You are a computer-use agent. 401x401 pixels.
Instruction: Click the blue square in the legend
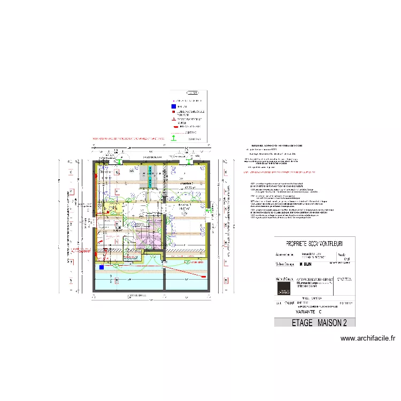coord(173,106)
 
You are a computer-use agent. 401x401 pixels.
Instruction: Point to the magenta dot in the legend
coord(173,101)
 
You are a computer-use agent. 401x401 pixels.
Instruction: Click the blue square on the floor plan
coord(100,266)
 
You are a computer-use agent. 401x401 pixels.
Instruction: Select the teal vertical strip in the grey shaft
coord(150,177)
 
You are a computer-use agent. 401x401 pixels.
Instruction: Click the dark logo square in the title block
coord(284,287)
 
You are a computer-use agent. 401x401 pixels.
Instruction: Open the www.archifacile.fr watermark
coord(367,338)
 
